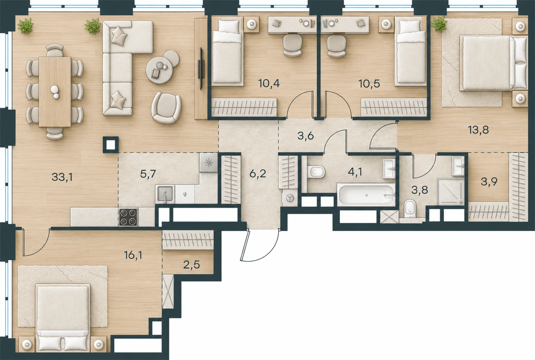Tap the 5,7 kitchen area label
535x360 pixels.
pyautogui.click(x=148, y=174)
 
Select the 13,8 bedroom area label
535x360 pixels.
pyautogui.click(x=478, y=130)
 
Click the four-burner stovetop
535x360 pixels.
pyautogui.click(x=128, y=217)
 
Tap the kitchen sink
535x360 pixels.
pyautogui.click(x=165, y=194)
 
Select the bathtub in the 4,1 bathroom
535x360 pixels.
pyautogui.click(x=366, y=194)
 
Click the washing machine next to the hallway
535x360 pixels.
pyautogui.click(x=289, y=198)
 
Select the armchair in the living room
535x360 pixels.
pyautogui.click(x=166, y=108)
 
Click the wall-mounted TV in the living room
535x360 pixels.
pyautogui.click(x=201, y=69)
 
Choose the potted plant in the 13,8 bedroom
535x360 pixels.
pyautogui.click(x=439, y=24)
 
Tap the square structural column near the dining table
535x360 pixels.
pyautogui.click(x=111, y=145)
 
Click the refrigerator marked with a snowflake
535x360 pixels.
pyautogui.click(x=209, y=163)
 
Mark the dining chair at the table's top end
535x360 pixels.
pyautogui.click(x=55, y=50)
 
